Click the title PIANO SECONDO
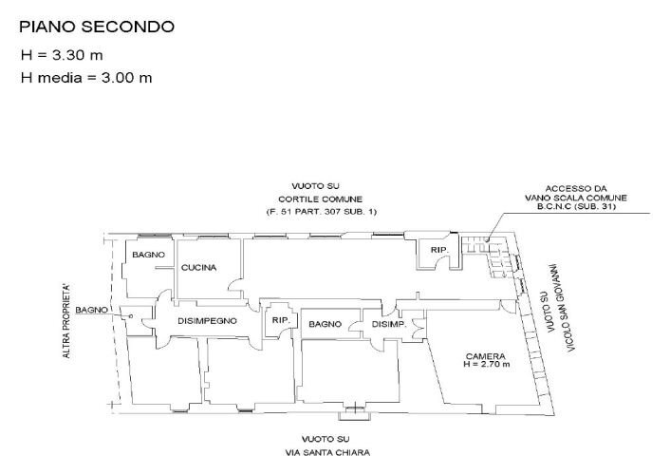97,27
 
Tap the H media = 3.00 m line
86,77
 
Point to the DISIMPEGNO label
206,321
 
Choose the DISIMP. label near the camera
389,324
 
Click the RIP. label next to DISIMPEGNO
280,320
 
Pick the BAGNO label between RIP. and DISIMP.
325,324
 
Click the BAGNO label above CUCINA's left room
148,256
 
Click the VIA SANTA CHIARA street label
330,452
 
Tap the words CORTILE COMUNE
322,198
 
